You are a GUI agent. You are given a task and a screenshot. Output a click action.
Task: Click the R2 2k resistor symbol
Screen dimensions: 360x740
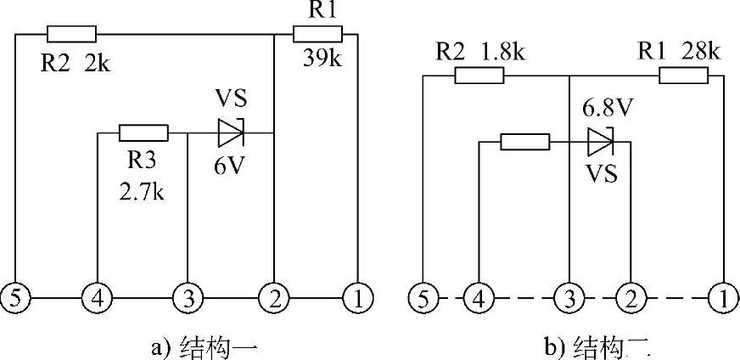[71, 34]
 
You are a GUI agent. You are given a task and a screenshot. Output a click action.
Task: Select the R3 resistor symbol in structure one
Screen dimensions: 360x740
[143, 132]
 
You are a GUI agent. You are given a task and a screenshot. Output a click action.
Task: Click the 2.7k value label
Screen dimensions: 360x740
[142, 193]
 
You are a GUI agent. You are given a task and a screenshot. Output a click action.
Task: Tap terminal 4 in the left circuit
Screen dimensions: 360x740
[98, 298]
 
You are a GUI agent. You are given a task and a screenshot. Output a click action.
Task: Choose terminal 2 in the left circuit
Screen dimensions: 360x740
[273, 298]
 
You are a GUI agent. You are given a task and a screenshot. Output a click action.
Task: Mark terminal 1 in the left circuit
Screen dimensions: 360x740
[357, 298]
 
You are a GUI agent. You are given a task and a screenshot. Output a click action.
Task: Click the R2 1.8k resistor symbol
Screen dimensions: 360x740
[479, 76]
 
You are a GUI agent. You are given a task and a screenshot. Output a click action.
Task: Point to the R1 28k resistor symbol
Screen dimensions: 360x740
[683, 76]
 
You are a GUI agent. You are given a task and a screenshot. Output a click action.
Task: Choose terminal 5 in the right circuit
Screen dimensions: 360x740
[422, 298]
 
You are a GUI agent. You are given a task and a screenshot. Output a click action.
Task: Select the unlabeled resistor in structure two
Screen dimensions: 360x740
[525, 141]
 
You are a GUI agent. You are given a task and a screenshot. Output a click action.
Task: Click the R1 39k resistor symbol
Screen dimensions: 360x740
[317, 34]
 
